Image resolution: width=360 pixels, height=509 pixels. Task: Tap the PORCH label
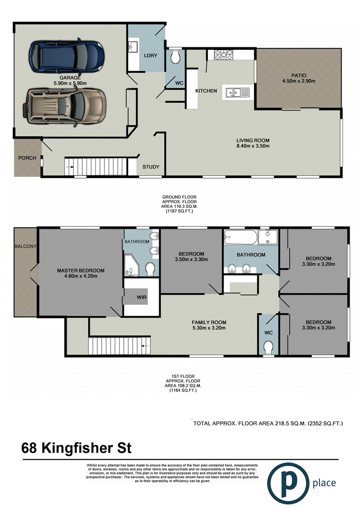(x=27, y=158)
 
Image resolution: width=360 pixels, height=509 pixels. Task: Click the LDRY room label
(x=151, y=55)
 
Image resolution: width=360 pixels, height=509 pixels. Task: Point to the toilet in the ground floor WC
(x=175, y=57)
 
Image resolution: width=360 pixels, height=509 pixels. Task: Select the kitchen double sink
(x=237, y=93)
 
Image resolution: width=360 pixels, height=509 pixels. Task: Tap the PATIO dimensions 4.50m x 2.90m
(x=299, y=81)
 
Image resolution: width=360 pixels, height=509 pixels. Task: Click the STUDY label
(x=151, y=167)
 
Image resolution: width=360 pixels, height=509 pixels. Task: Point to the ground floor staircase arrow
(x=69, y=167)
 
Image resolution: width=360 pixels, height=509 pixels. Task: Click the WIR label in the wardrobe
(x=142, y=297)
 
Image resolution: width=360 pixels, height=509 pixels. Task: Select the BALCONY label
(x=25, y=246)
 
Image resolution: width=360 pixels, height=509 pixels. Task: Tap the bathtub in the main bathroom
(x=241, y=238)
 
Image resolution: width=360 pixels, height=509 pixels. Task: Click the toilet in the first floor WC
(x=269, y=348)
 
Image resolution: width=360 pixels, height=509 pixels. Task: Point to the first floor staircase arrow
(x=145, y=346)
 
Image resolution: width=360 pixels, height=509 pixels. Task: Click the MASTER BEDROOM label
(x=81, y=270)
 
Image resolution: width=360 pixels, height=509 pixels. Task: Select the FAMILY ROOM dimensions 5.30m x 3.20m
(x=209, y=328)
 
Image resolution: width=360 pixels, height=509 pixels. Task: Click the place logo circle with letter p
(x=288, y=483)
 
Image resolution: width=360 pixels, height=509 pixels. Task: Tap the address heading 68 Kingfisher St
(x=76, y=448)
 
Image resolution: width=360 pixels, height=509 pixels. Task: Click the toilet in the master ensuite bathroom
(x=150, y=269)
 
